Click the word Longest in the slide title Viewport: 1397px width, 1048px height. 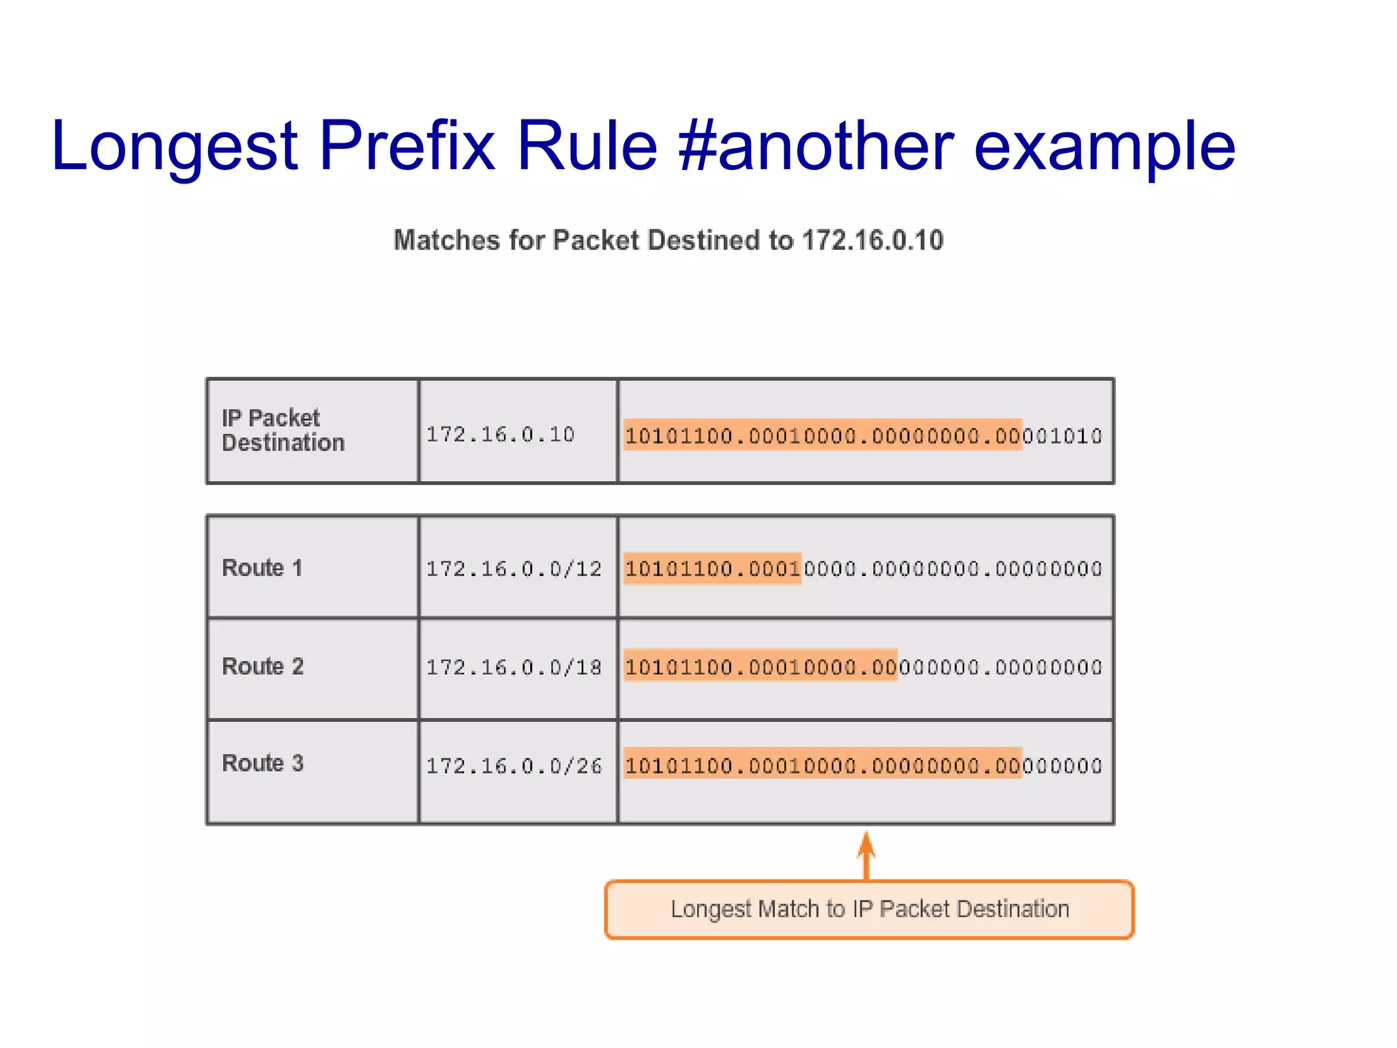coord(175,147)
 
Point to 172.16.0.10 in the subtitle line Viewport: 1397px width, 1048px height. coord(872,240)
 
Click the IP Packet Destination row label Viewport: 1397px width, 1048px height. coord(283,431)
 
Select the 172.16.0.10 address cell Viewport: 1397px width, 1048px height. coord(501,434)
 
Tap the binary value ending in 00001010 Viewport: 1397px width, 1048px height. coord(863,435)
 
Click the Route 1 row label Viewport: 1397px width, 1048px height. coord(262,568)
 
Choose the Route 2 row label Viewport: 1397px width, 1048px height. coord(263,666)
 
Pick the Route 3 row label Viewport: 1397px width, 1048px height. coord(263,763)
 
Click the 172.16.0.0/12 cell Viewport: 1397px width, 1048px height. coord(514,568)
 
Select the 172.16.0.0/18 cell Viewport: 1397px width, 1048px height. coord(514,667)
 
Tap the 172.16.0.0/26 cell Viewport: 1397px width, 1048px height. coord(514,766)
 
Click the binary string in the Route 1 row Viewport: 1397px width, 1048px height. coord(863,568)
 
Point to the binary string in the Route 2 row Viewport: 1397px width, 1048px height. coord(863,667)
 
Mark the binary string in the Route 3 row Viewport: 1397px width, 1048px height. coord(863,766)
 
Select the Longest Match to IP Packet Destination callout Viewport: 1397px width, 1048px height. coord(869,909)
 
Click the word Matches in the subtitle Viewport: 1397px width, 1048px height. coord(446,240)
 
